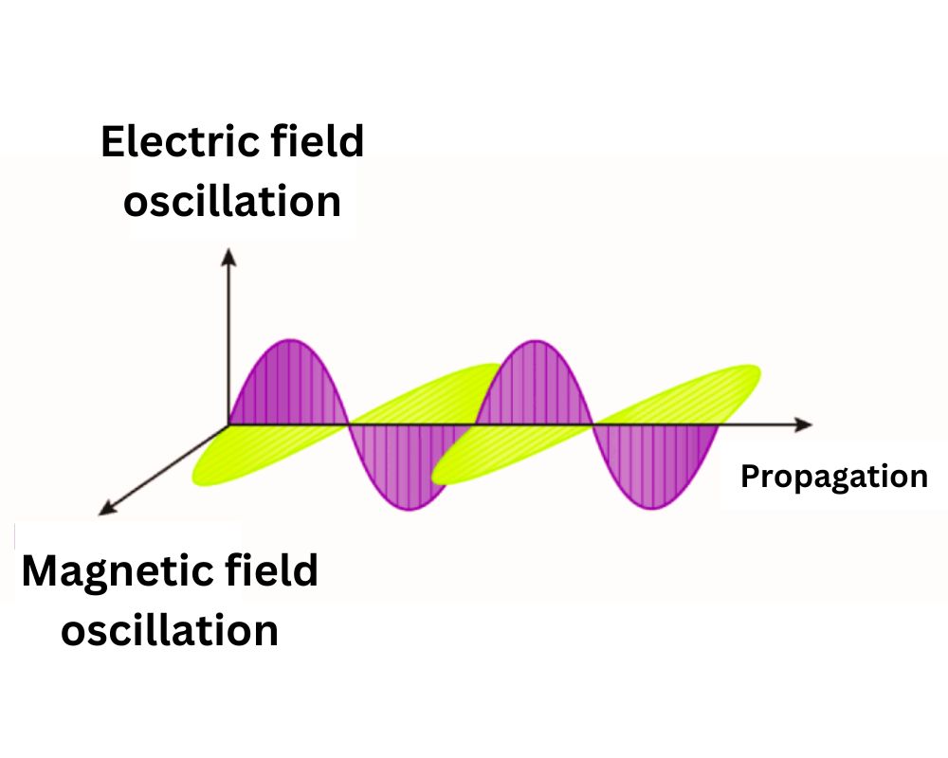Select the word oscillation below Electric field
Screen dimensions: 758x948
click(232, 201)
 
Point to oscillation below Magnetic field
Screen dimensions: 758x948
click(170, 630)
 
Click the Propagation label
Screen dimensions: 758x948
click(834, 477)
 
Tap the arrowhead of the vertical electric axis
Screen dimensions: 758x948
click(228, 254)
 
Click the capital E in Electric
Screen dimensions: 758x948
click(112, 142)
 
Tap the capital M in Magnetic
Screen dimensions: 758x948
click(41, 572)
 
